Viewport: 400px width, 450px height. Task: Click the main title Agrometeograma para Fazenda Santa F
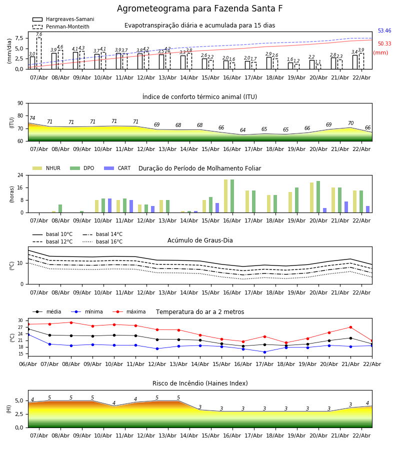(x=199, y=9)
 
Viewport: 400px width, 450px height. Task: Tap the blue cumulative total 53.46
(x=384, y=31)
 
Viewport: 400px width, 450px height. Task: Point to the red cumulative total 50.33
(x=384, y=44)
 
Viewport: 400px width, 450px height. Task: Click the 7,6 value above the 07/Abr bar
(x=39, y=34)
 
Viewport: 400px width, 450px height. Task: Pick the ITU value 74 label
(x=32, y=118)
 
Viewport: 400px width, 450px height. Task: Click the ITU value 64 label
(x=243, y=130)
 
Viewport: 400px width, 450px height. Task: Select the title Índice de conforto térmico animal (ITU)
(x=199, y=97)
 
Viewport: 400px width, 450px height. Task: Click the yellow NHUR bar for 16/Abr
(x=226, y=196)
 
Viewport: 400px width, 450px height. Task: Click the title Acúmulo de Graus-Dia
(x=200, y=240)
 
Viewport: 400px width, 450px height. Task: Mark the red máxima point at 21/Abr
(x=350, y=327)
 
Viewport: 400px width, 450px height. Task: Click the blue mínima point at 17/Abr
(x=264, y=352)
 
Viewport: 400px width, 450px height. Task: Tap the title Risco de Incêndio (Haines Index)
(x=200, y=383)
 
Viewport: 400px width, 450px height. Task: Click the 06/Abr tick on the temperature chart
(x=28, y=363)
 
